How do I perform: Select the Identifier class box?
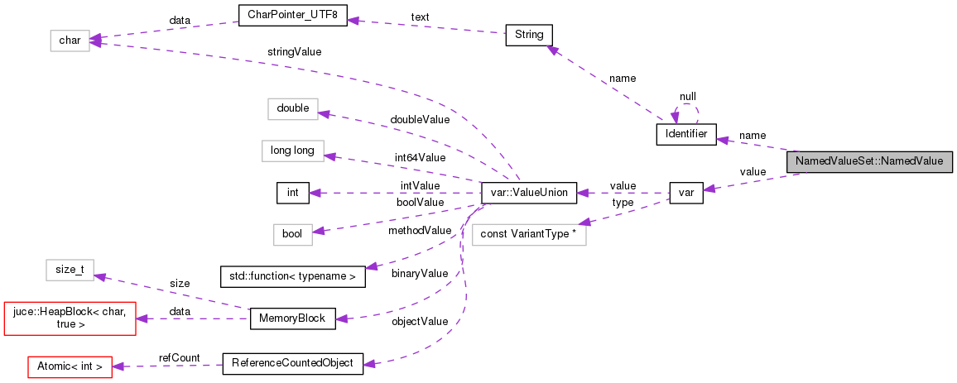click(685, 135)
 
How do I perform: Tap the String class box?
click(528, 35)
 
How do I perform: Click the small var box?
click(685, 193)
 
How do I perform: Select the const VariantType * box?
click(528, 234)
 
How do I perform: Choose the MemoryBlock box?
click(292, 318)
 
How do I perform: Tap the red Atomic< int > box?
click(70, 365)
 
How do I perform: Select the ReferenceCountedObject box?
click(292, 363)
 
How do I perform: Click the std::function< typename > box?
click(292, 276)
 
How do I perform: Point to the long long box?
click(292, 151)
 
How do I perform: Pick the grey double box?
click(292, 108)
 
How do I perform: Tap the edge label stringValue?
click(295, 51)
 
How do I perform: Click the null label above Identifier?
click(687, 96)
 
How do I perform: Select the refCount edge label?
click(180, 357)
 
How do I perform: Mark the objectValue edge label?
click(420, 321)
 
